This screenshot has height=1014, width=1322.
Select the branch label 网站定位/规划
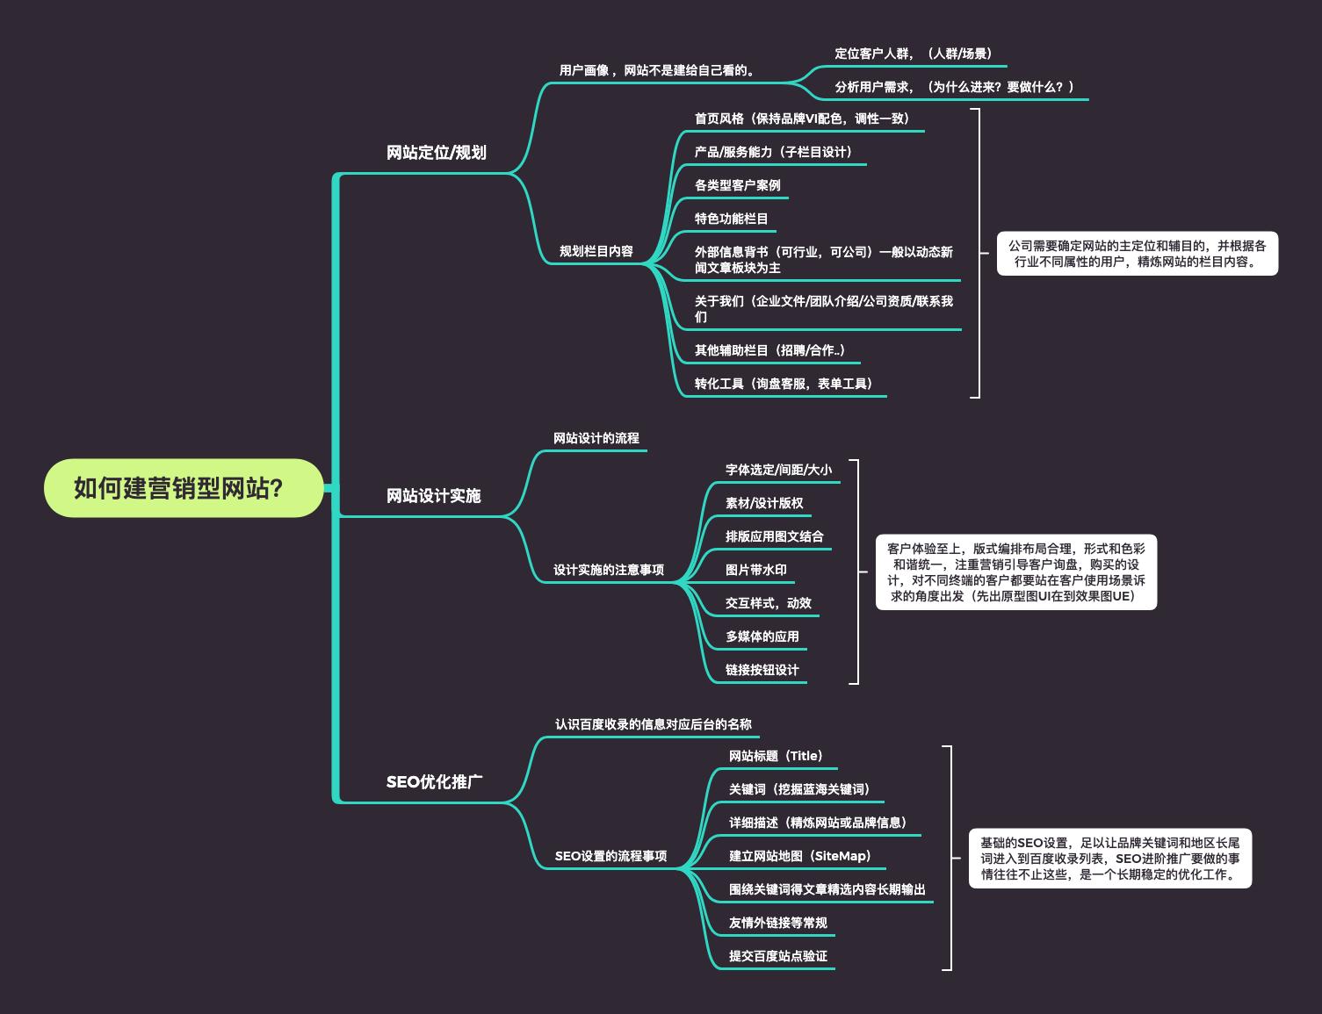(436, 153)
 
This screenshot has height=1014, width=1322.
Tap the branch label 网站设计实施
(433, 496)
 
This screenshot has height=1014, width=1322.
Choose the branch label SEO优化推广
(434, 781)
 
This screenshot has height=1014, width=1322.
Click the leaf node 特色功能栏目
(731, 219)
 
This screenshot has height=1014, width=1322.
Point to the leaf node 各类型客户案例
(737, 185)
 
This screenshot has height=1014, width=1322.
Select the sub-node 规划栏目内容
(596, 251)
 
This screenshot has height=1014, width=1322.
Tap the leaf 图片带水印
(755, 570)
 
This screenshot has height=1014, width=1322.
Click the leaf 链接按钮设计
(762, 670)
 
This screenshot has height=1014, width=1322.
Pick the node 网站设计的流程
(596, 438)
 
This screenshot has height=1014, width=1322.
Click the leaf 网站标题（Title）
(776, 756)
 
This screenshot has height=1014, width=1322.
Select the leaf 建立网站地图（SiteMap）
(799, 856)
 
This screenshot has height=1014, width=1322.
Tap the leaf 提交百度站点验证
(777, 956)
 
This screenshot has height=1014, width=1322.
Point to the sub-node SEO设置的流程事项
(610, 856)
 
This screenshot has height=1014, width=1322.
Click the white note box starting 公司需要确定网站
(1137, 254)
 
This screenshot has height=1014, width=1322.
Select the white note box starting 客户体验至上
(1015, 572)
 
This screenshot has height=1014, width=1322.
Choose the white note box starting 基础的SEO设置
(1109, 859)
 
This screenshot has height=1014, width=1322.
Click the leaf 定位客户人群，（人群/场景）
(913, 54)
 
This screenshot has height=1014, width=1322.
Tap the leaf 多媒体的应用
(762, 636)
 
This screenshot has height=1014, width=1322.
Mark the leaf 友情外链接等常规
(777, 923)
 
